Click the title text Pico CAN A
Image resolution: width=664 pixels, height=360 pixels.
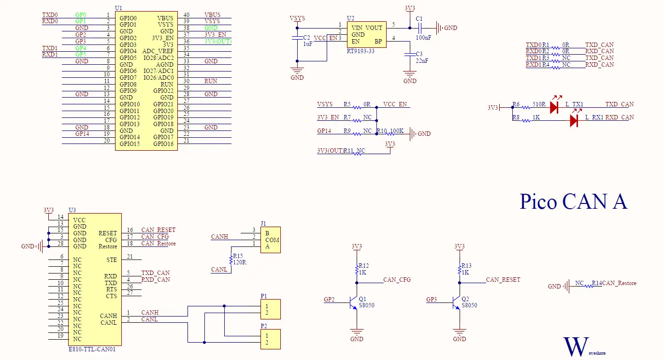pyautogui.click(x=573, y=202)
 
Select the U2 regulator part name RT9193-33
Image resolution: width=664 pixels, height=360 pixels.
pyautogui.click(x=361, y=51)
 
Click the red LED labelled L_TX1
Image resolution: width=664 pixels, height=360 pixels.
pyautogui.click(x=554, y=107)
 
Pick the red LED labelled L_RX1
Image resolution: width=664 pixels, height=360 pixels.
pyautogui.click(x=574, y=120)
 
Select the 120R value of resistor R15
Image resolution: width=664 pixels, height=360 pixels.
pyautogui.click(x=240, y=262)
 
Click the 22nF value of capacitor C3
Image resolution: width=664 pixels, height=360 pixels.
pyautogui.click(x=422, y=60)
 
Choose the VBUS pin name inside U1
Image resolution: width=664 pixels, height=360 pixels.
pyautogui.click(x=165, y=18)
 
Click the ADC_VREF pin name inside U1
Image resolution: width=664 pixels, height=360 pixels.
pyautogui.click(x=158, y=51)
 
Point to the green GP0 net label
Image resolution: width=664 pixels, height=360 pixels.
pyautogui.click(x=81, y=15)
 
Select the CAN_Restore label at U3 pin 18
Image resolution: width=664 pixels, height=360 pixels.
pyautogui.click(x=159, y=244)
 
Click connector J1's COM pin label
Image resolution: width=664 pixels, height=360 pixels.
pyautogui.click(x=272, y=240)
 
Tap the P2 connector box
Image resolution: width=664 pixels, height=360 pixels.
pyautogui.click(x=270, y=339)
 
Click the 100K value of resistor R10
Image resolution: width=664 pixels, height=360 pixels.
pyautogui.click(x=397, y=131)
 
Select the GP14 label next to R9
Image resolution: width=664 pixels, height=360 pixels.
pyautogui.click(x=324, y=131)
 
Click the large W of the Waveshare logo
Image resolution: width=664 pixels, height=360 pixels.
pyautogui.click(x=574, y=347)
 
